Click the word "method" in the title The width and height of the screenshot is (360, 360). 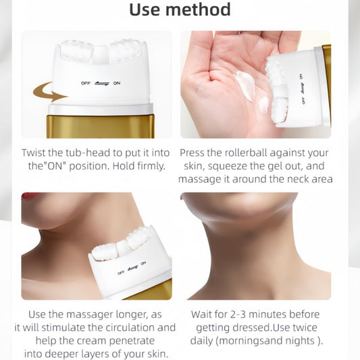point(198,9)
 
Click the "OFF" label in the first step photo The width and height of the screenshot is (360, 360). point(86,83)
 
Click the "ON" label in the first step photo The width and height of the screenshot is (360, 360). point(117,83)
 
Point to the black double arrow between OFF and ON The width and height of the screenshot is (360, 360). point(102,84)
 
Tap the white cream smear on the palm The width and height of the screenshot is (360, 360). point(246,85)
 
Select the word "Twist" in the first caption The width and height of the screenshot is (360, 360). point(33,153)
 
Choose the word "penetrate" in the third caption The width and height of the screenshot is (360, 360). point(132,341)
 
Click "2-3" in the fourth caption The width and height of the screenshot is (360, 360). point(238,315)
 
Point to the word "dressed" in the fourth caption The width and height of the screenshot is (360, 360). point(251,328)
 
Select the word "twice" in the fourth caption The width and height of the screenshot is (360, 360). point(305,328)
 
